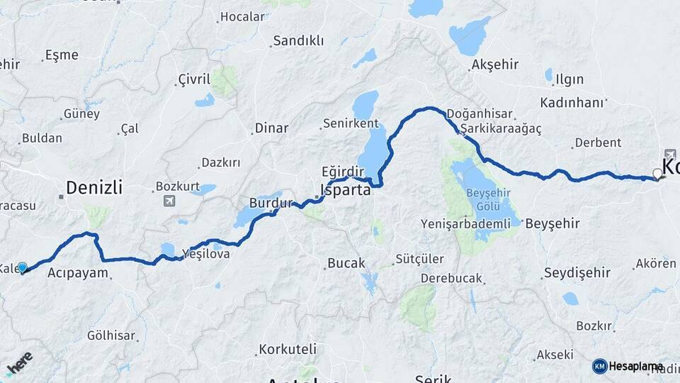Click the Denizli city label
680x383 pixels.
point(94,188)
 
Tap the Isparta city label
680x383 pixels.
point(346,190)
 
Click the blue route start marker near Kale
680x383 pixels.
point(22,267)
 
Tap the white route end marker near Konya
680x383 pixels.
point(657,173)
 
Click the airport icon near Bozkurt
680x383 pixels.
point(169,201)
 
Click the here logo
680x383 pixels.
point(19,364)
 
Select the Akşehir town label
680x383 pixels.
point(494,65)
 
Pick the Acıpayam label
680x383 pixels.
point(77,272)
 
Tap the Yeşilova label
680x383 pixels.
point(205,253)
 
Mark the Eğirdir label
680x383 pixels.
point(342,172)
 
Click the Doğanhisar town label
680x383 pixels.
point(476,114)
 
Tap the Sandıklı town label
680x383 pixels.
point(298,40)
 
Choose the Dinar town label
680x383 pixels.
point(271,128)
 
